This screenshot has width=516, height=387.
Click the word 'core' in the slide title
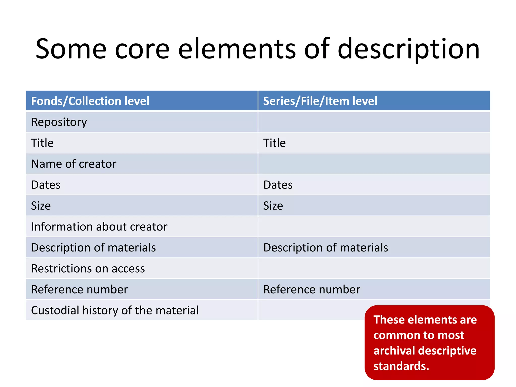142,49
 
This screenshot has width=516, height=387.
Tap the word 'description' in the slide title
408,49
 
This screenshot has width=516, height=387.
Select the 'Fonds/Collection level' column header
90,101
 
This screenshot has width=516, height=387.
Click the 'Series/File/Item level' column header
320,101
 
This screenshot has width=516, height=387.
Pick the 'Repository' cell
59,122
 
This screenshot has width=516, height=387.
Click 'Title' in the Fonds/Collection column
42,143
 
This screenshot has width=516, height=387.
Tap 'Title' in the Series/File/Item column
274,143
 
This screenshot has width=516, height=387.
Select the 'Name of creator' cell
74,164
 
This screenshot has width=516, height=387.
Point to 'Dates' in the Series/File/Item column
278,185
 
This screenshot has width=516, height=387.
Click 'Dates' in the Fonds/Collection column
46,185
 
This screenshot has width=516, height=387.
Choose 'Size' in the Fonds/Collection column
41,206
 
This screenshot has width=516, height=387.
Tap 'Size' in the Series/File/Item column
273,206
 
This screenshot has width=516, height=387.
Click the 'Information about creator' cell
99,227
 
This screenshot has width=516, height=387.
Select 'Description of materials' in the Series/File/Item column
326,247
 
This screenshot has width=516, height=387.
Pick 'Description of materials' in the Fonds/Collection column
93,247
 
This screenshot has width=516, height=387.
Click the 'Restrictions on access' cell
88,268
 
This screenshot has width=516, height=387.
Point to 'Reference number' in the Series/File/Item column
312,289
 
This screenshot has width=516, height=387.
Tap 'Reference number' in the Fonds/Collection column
79,289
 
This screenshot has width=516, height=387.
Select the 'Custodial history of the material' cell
115,310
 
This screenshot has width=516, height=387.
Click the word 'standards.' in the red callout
401,366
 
